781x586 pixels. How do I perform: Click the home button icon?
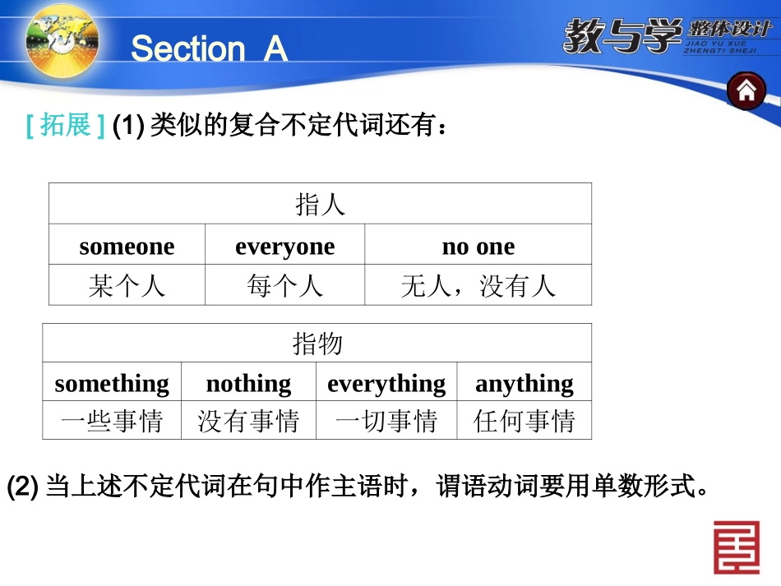[746, 91]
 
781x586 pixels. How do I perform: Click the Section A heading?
[209, 48]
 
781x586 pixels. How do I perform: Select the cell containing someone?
[127, 246]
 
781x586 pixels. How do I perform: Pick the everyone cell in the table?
[284, 246]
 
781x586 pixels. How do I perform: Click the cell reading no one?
[478, 246]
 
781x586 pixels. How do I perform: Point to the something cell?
[112, 383]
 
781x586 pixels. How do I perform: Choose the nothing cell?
[248, 383]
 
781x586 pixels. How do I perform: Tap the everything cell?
[386, 383]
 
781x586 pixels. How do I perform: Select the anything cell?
[525, 383]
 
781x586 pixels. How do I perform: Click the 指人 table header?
[320, 204]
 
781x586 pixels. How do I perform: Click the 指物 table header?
[317, 344]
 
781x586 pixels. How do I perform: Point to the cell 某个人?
[127, 285]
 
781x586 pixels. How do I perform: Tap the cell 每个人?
[284, 285]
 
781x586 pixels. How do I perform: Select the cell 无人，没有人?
[478, 285]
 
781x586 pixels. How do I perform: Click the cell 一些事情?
[112, 422]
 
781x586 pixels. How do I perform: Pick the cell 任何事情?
[525, 422]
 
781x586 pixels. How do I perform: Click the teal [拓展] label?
[66, 127]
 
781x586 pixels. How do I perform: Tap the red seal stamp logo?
[736, 547]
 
